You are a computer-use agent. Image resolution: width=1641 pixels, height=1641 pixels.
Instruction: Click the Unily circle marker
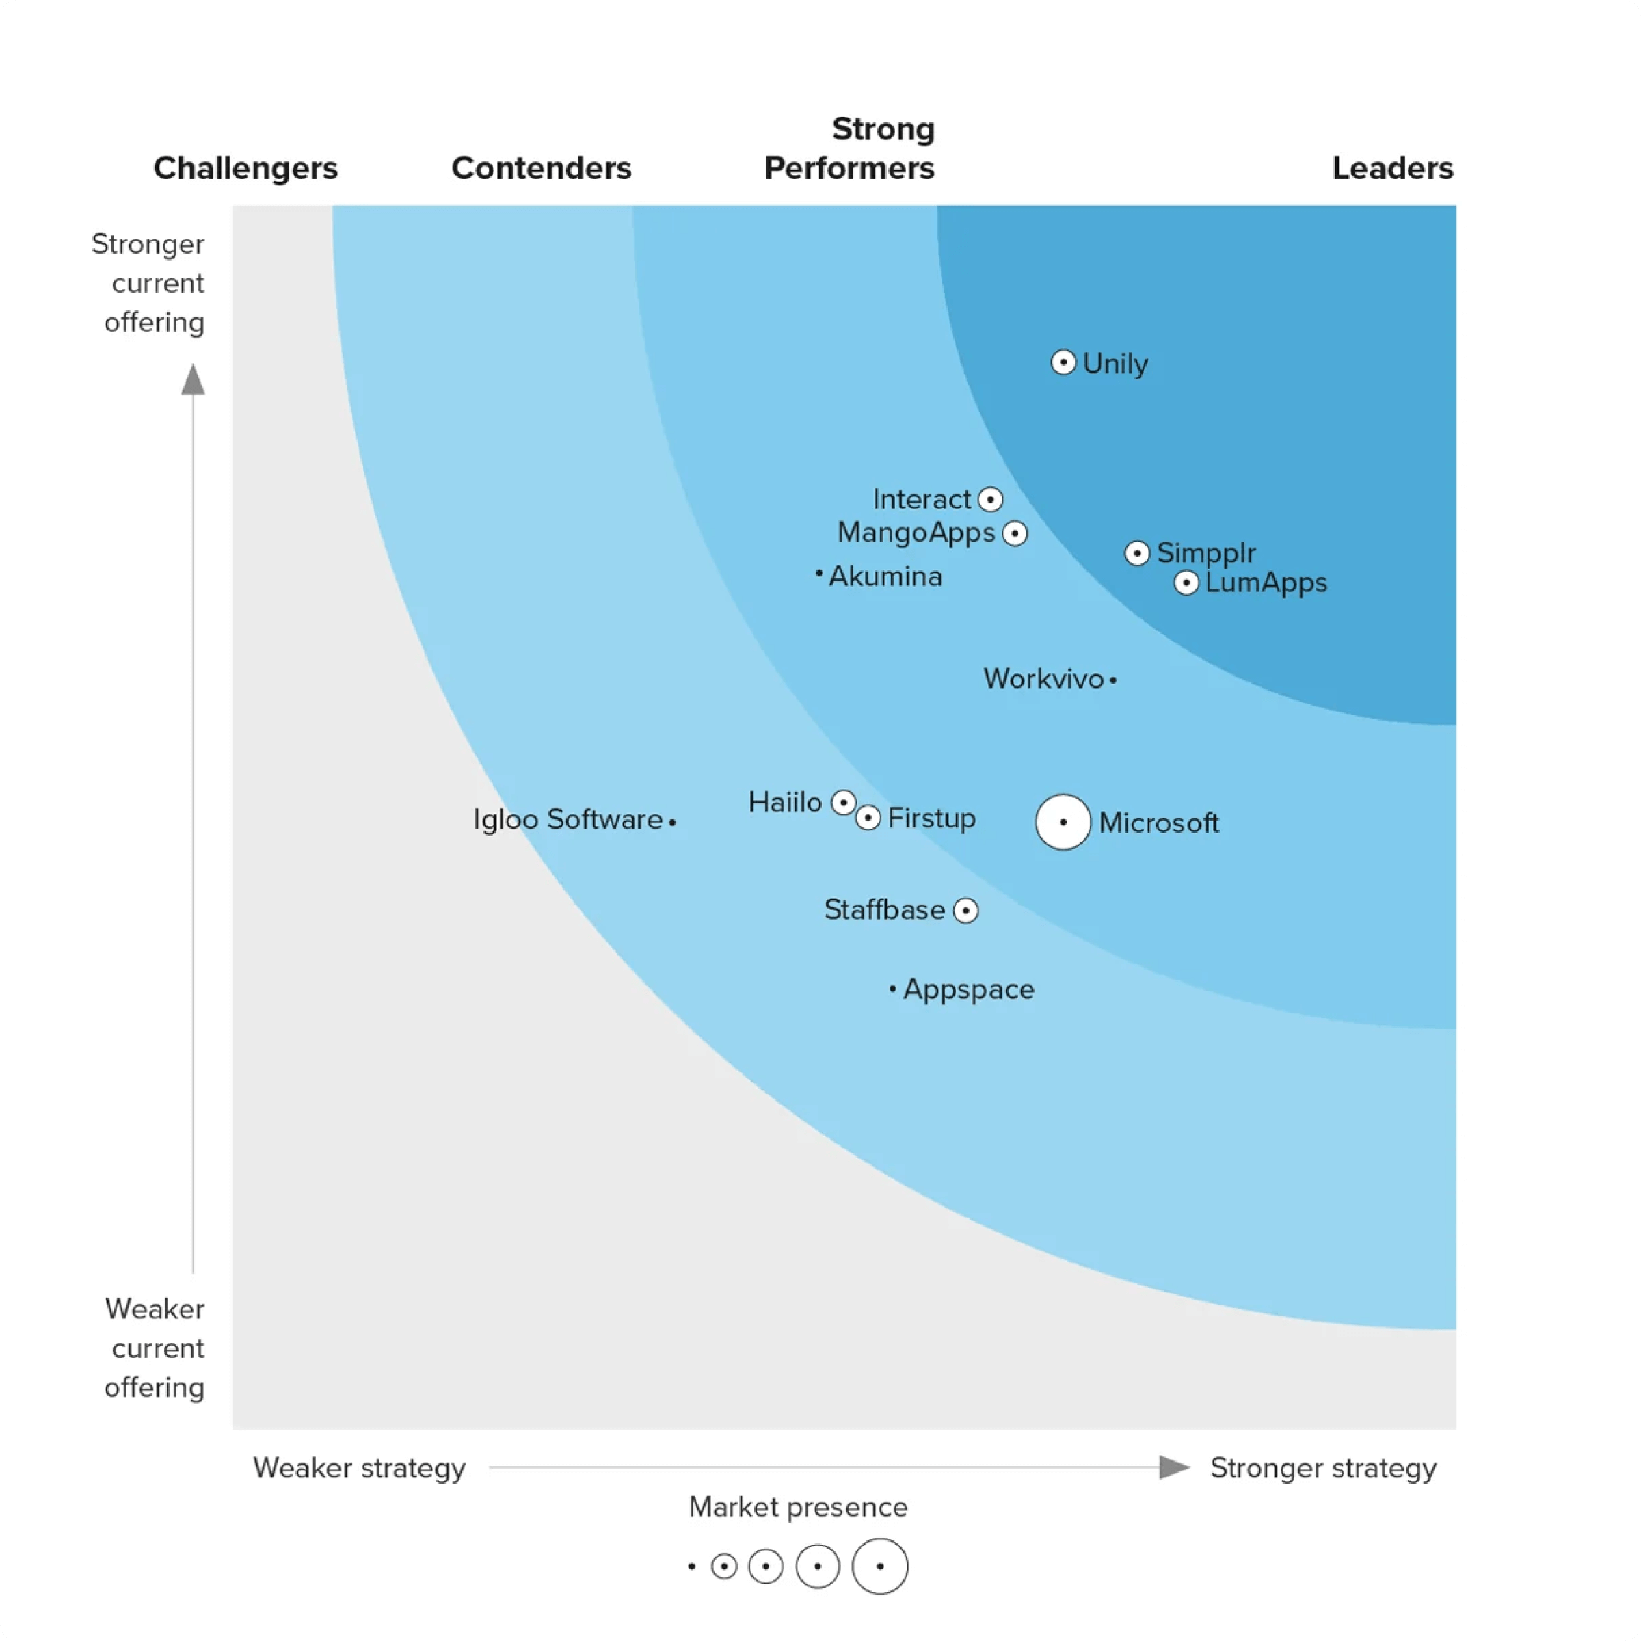tap(1063, 362)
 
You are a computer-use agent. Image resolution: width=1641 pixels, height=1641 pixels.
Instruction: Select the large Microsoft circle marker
tap(1063, 822)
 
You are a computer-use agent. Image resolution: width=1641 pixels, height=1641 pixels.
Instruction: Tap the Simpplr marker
tap(1136, 553)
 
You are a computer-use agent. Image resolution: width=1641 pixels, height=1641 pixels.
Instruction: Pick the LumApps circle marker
tap(1186, 583)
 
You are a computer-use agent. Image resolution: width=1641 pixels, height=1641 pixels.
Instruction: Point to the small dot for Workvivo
tap(1112, 680)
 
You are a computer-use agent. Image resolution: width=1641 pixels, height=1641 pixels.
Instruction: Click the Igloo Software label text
tap(568, 820)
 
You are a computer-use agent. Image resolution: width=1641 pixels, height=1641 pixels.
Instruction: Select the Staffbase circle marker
tap(965, 911)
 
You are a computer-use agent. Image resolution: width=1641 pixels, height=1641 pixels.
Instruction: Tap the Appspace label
tap(968, 989)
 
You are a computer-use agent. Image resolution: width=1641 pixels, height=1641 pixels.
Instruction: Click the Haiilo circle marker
tap(842, 802)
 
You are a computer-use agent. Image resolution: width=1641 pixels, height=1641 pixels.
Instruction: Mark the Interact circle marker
tap(989, 499)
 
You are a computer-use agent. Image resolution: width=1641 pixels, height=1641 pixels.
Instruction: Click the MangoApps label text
tap(916, 533)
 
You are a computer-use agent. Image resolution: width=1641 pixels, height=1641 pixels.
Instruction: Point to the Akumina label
tap(885, 576)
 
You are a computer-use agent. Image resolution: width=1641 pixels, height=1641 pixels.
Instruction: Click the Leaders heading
tap(1392, 168)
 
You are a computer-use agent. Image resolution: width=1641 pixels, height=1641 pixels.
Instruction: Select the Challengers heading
tap(245, 168)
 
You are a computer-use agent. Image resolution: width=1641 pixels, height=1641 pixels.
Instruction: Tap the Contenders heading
tap(541, 168)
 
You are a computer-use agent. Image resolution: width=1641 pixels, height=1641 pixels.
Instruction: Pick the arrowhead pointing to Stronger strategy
tap(1174, 1467)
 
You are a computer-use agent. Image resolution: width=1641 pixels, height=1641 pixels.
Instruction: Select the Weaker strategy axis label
tap(359, 1468)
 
